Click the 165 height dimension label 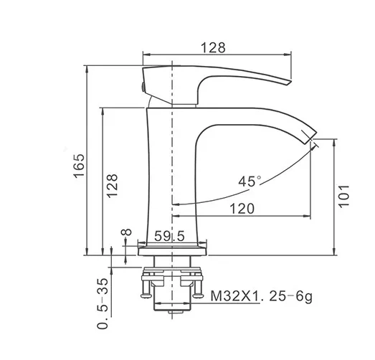pyautogui.click(x=80, y=166)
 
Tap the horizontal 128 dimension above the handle pyautogui.click(x=213, y=47)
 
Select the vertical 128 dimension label pyautogui.click(x=113, y=186)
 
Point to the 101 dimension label pyautogui.click(x=344, y=196)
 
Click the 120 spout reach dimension pyautogui.click(x=242, y=209)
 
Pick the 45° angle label pyautogui.click(x=250, y=181)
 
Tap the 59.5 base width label pyautogui.click(x=169, y=236)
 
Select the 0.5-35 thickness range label pyautogui.click(x=103, y=303)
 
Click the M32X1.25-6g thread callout pyautogui.click(x=262, y=297)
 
